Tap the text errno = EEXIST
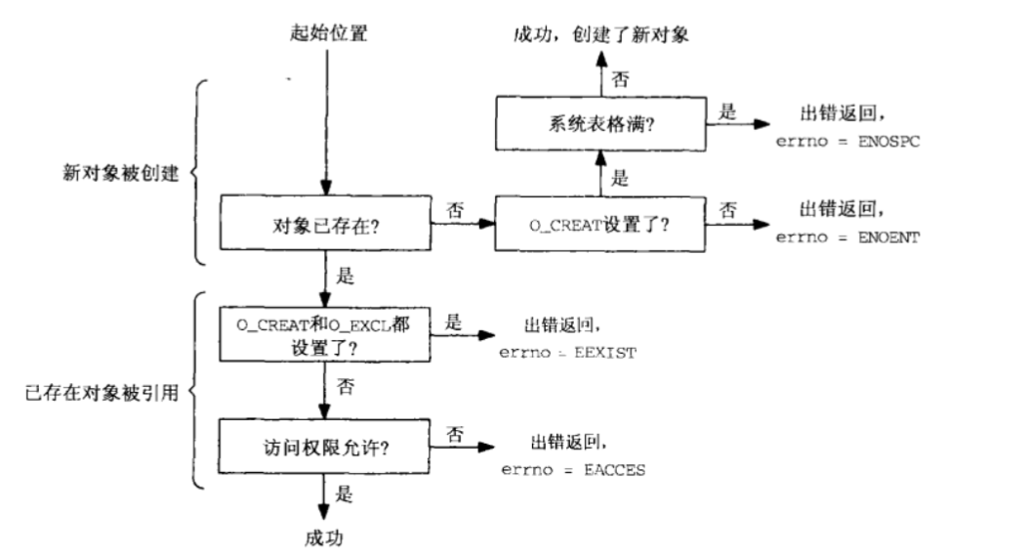[x=567, y=352]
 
